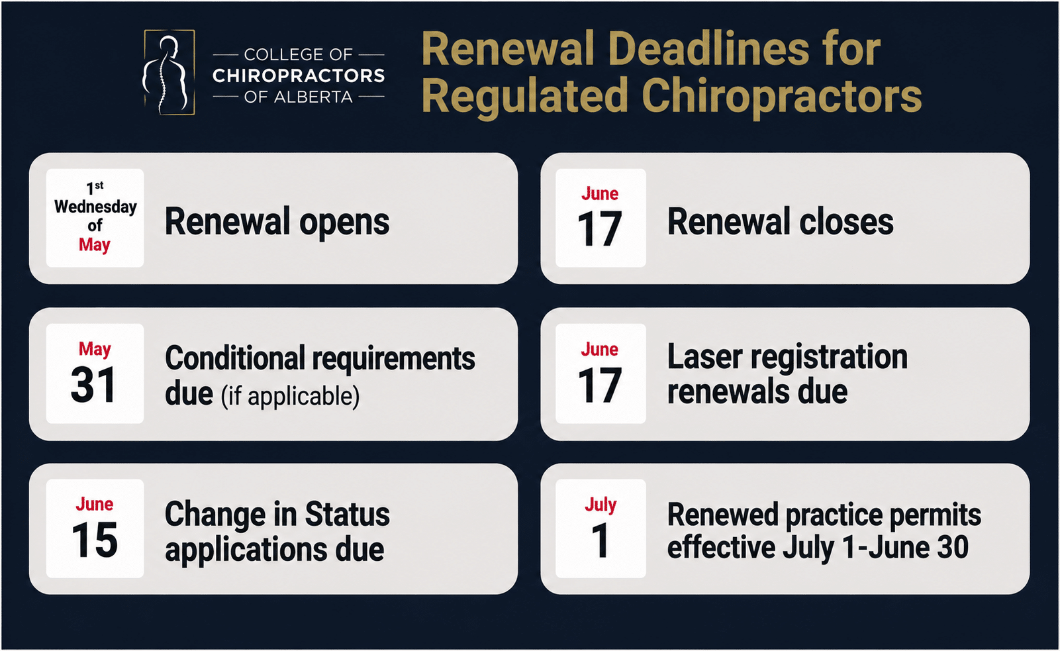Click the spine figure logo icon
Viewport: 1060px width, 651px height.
coord(169,72)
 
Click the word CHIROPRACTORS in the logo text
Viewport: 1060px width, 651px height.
coord(299,75)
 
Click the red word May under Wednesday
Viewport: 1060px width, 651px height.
coord(95,245)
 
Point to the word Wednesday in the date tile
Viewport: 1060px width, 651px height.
coord(95,207)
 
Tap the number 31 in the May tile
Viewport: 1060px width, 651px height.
coord(93,385)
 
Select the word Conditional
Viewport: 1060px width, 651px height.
coord(235,358)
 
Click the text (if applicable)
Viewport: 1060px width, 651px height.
coord(290,396)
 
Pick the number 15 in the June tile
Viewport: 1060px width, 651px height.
coord(95,540)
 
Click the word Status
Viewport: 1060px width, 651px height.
coord(348,514)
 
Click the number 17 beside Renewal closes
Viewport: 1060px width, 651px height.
coord(600,229)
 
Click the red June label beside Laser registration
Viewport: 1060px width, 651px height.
coord(600,350)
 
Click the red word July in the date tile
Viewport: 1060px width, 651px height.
coord(601,505)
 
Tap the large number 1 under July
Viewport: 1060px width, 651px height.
coord(600,540)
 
